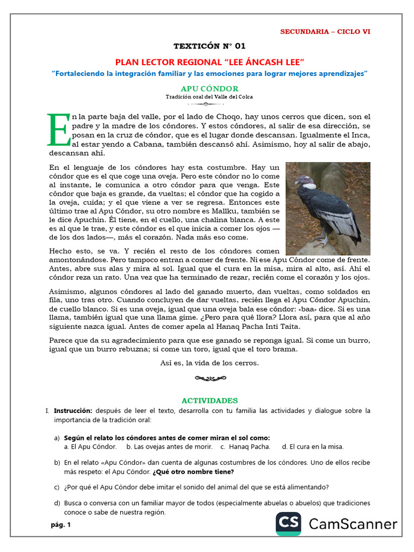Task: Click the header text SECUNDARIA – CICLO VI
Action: click(325, 32)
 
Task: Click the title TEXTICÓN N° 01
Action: click(209, 46)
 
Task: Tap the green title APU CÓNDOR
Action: click(209, 88)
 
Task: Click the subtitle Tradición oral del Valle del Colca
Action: click(209, 97)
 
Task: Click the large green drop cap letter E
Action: click(58, 130)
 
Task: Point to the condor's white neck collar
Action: click(309, 185)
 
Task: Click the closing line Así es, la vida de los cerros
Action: click(209, 363)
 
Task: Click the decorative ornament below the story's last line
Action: click(209, 379)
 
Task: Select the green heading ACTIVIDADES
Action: click(209, 401)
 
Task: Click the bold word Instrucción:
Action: click(73, 411)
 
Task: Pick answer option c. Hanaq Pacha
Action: click(249, 447)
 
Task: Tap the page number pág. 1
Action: click(61, 525)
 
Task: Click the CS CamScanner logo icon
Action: click(289, 523)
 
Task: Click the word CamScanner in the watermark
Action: click(353, 523)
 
